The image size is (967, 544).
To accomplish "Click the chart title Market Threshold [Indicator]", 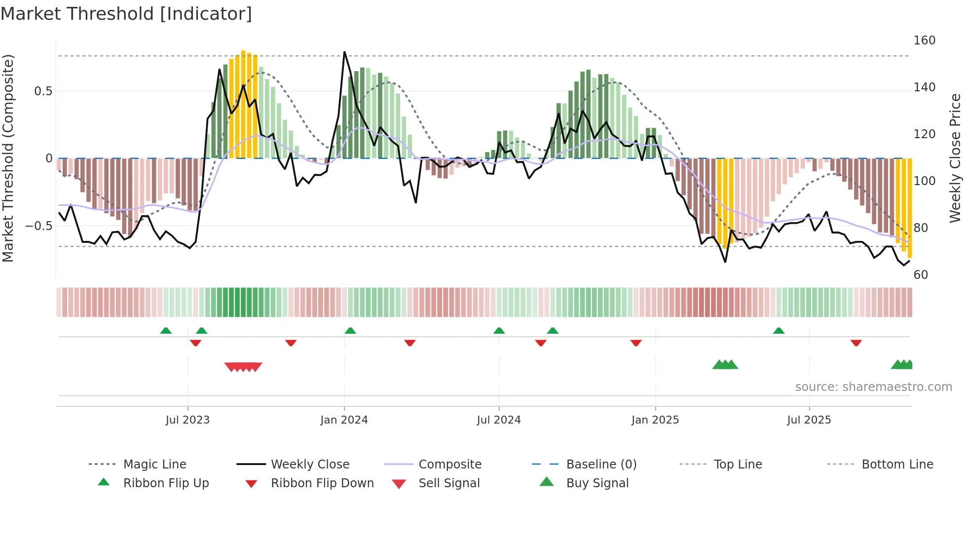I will (126, 14).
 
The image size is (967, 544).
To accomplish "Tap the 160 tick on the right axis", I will (924, 40).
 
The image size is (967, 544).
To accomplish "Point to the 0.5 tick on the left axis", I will (43, 91).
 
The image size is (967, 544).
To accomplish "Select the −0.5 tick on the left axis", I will (39, 226).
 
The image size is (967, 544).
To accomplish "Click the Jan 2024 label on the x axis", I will (344, 420).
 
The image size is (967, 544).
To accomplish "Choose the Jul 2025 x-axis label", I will (809, 420).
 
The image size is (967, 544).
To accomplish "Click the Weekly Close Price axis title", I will (955, 158).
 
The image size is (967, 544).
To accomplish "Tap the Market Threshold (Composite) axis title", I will (8, 158).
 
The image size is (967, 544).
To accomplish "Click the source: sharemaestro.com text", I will (873, 387).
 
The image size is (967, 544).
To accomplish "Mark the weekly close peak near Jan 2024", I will (344, 52).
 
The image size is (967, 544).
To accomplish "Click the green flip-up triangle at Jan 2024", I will (350, 331).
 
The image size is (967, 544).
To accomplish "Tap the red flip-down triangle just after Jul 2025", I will (856, 343).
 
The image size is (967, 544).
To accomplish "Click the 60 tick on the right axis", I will (921, 275).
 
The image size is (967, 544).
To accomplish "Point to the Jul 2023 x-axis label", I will (187, 420).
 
